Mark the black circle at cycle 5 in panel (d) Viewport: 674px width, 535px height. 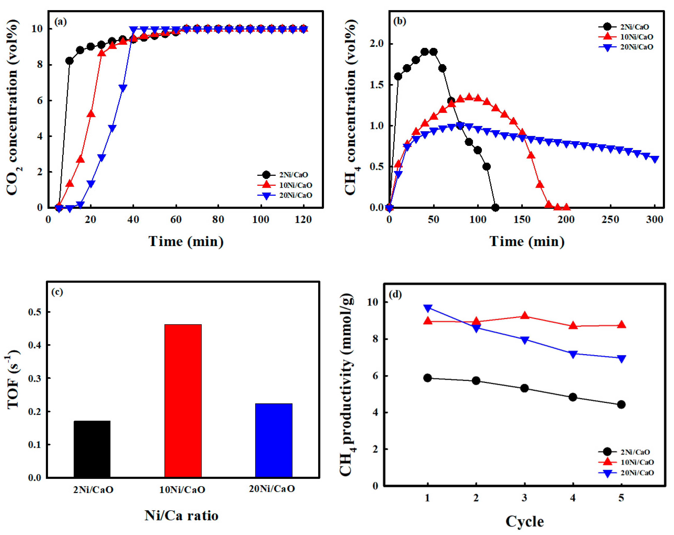click(621, 405)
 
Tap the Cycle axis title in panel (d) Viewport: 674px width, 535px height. click(525, 521)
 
